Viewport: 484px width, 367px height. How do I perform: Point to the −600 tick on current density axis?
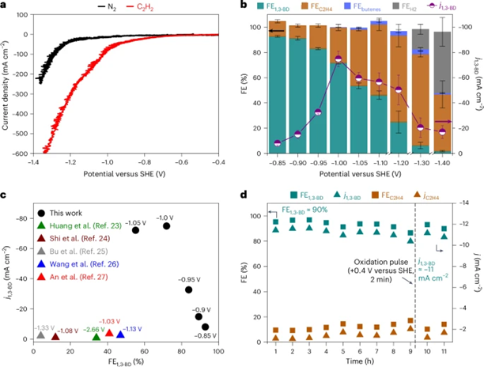click(x=32, y=153)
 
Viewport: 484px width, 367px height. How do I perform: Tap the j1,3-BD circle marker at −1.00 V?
click(x=338, y=59)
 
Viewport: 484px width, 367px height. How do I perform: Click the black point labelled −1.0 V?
click(x=166, y=225)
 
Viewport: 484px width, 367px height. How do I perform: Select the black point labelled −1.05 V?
click(x=135, y=230)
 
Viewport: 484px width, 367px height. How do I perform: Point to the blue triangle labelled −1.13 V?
click(x=120, y=335)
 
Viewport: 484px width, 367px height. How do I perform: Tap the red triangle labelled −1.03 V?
click(x=108, y=333)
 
